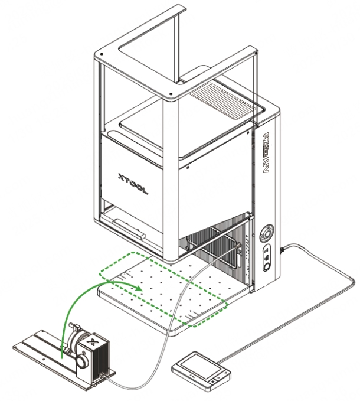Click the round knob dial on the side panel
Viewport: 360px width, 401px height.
pos(267,232)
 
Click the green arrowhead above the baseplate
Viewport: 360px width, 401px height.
pos(139,288)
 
